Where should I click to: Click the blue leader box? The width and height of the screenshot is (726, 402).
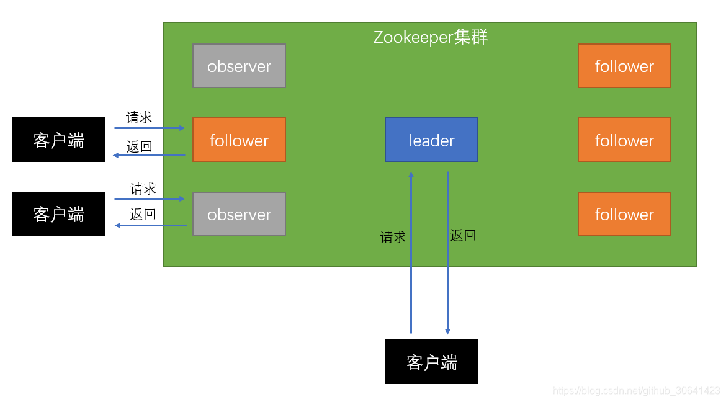pos(431,140)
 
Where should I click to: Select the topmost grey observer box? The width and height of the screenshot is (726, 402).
pos(239,66)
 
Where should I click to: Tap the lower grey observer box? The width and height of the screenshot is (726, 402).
pos(239,214)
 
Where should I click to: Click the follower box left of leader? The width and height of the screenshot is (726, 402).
pos(239,140)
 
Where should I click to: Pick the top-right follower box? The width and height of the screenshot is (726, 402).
pos(624,66)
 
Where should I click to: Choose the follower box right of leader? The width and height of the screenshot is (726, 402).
pos(624,140)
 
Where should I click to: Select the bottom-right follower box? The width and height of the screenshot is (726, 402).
pos(624,214)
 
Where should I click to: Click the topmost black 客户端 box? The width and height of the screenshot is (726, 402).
pos(58,140)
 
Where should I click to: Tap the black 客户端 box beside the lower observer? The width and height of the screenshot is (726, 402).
pos(58,214)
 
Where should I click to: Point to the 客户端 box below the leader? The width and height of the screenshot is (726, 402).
pos(431,362)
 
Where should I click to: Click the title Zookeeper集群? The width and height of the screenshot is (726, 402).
pos(431,37)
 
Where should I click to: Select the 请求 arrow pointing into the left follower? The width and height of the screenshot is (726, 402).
pos(150,128)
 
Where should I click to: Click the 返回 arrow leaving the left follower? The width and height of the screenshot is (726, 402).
pos(150,156)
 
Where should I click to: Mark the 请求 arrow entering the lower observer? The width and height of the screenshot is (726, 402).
pos(150,199)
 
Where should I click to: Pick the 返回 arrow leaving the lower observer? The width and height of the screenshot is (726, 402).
pos(150,225)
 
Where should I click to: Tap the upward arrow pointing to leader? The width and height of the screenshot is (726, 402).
pos(411,254)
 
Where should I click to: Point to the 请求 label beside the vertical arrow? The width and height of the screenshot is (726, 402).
pos(393,237)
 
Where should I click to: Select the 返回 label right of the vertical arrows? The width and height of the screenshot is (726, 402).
pos(463,235)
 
